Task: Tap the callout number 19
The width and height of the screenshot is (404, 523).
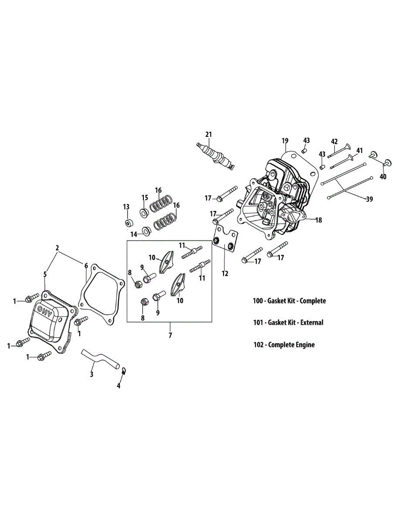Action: click(x=285, y=141)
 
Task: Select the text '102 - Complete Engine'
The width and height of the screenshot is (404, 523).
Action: click(x=284, y=345)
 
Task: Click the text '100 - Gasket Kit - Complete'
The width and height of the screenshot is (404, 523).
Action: click(x=289, y=301)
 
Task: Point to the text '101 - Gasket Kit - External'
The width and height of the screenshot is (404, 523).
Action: click(x=288, y=323)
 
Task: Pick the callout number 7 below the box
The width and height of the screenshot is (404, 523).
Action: click(x=170, y=335)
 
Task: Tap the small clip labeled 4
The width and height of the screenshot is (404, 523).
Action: click(x=124, y=371)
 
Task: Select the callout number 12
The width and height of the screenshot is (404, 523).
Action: click(x=225, y=273)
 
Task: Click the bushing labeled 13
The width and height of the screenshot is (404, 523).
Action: click(x=128, y=223)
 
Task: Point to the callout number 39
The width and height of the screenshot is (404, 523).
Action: click(x=369, y=199)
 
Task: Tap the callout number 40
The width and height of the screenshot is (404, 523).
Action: click(x=383, y=177)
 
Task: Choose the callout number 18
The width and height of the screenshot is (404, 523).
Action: click(x=319, y=220)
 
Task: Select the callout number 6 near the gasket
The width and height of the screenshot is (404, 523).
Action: click(x=86, y=265)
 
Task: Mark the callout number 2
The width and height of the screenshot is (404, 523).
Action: click(x=57, y=248)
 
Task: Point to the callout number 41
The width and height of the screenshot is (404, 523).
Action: click(x=360, y=151)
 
